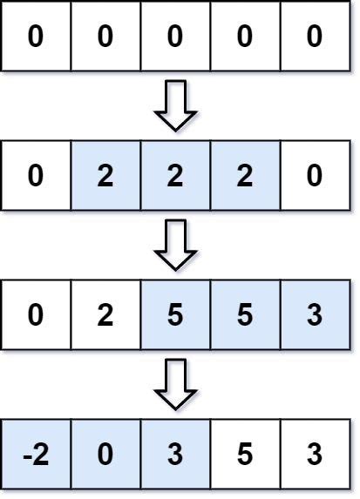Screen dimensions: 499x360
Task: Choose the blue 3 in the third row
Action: point(315,314)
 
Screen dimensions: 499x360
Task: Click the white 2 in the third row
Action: point(105,314)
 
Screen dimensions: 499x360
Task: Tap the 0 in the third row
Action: point(36,314)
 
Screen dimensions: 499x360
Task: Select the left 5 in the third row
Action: point(175,314)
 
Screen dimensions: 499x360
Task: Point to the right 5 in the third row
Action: point(245,314)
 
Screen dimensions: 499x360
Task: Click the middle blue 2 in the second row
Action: point(175,176)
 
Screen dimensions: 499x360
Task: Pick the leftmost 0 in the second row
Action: point(36,176)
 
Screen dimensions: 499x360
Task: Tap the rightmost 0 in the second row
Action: point(315,176)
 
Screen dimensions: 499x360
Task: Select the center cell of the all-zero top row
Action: point(175,37)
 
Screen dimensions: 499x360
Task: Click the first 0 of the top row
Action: point(36,37)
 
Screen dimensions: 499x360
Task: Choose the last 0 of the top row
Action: point(315,37)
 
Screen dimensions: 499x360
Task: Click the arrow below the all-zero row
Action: point(175,106)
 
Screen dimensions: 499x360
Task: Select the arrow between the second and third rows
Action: point(175,245)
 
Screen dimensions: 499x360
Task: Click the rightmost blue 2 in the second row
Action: point(245,176)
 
